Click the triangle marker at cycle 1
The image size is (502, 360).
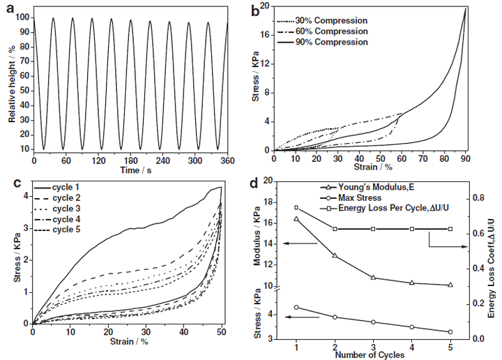pos(296,219)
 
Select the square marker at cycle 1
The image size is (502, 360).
pos(296,207)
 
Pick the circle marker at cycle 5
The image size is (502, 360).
pos(450,332)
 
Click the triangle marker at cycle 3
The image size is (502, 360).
pos(373,278)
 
